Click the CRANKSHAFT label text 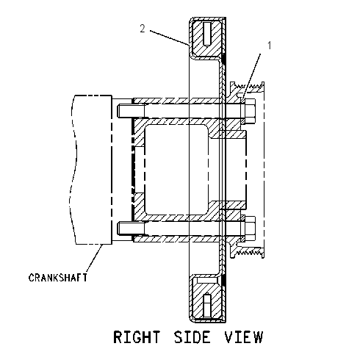58,278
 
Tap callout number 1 269,46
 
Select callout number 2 143,29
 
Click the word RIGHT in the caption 137,337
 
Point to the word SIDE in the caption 192,337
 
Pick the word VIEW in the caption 244,337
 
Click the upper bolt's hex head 250,111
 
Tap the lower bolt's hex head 250,228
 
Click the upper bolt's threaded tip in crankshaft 131,111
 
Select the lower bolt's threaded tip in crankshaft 131,228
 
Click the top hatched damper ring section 206,38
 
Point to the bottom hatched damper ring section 206,297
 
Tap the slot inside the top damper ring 207,35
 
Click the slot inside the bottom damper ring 207,306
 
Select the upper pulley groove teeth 248,87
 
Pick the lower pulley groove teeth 248,252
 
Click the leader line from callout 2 169,38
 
